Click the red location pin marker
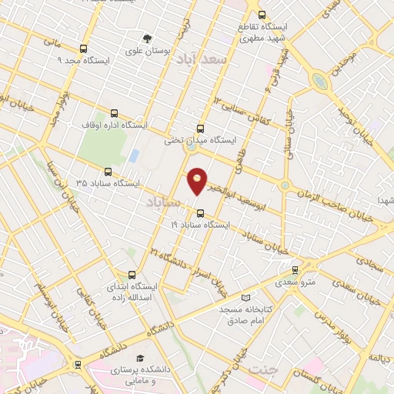pos(198,180)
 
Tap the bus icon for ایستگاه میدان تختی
pos(201,129)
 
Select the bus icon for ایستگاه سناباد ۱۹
pos(200,213)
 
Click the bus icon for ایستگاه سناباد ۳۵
pos(107,172)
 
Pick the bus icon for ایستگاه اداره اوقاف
pos(115,113)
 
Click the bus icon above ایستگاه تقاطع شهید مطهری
pos(262,15)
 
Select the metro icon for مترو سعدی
pos(295,270)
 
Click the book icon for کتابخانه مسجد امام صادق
pos(245,298)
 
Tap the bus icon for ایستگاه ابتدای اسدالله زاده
pos(132,275)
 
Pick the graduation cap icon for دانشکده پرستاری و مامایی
pos(139,359)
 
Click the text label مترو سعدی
pos(295,282)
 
